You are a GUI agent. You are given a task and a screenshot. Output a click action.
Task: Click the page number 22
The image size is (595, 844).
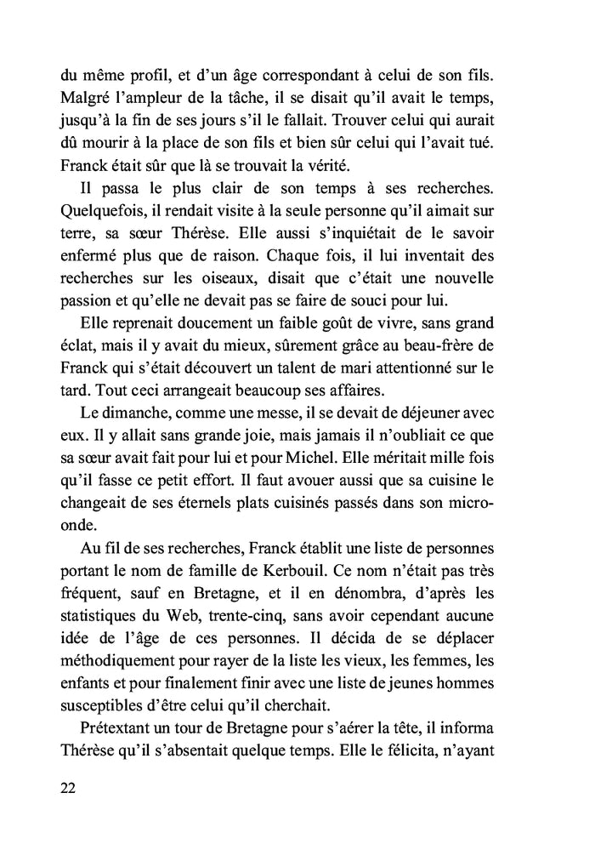(69, 787)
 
